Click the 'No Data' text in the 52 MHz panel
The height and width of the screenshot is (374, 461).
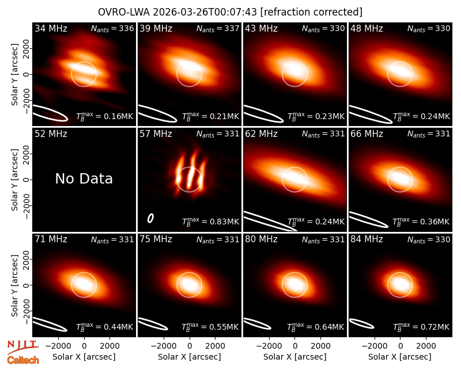pos(84,178)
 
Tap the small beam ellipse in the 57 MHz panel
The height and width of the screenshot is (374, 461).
pos(150,218)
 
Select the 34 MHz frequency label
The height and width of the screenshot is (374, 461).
pos(51,28)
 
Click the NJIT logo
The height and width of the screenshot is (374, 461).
pos(22,347)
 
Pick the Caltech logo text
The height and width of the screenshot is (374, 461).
pos(23,360)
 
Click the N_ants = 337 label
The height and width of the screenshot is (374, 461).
pos(218,29)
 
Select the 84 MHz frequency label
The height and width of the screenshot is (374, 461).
pos(366,239)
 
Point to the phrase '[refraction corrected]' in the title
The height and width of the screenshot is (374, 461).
pos(311,12)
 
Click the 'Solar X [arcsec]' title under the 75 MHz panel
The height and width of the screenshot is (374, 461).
pos(190,357)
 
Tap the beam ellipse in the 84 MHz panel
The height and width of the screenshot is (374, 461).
pos(362,323)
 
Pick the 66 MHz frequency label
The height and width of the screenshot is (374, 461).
pos(366,134)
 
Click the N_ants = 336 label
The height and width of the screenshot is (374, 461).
pos(112,29)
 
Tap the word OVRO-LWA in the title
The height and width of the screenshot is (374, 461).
pos(124,12)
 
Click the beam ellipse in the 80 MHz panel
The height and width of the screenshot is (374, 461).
pos(258,324)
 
